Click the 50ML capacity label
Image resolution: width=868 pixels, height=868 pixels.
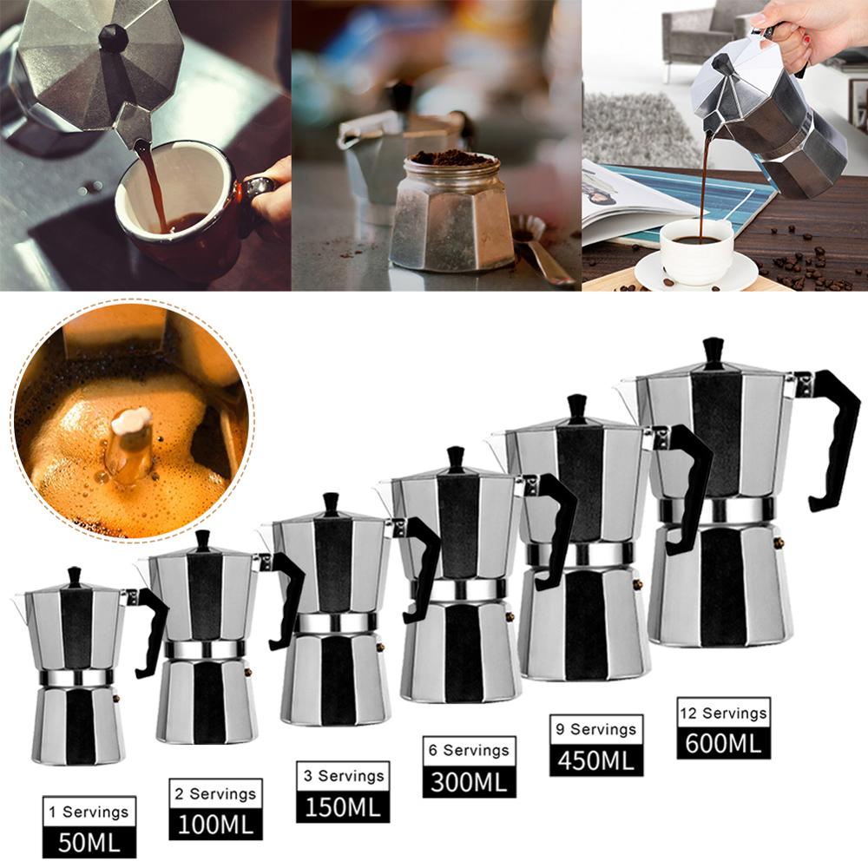tap(89, 841)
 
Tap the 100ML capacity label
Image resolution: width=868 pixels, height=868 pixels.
tap(215, 823)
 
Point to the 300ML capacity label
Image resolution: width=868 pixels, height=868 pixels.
tap(469, 781)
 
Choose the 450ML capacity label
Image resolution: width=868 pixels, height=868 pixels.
tap(596, 759)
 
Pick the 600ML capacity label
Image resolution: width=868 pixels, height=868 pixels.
tap(724, 743)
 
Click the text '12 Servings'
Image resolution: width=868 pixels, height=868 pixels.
tap(724, 713)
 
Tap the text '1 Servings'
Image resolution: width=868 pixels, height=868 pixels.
tap(89, 812)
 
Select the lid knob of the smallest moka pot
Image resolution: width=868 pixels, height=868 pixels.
tap(75, 576)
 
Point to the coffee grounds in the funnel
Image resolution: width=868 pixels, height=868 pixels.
tap(451, 158)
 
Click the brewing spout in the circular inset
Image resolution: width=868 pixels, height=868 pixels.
tap(130, 443)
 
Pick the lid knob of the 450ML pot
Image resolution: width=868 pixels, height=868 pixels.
tap(577, 408)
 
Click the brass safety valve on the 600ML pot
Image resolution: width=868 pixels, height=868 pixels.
tap(779, 542)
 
